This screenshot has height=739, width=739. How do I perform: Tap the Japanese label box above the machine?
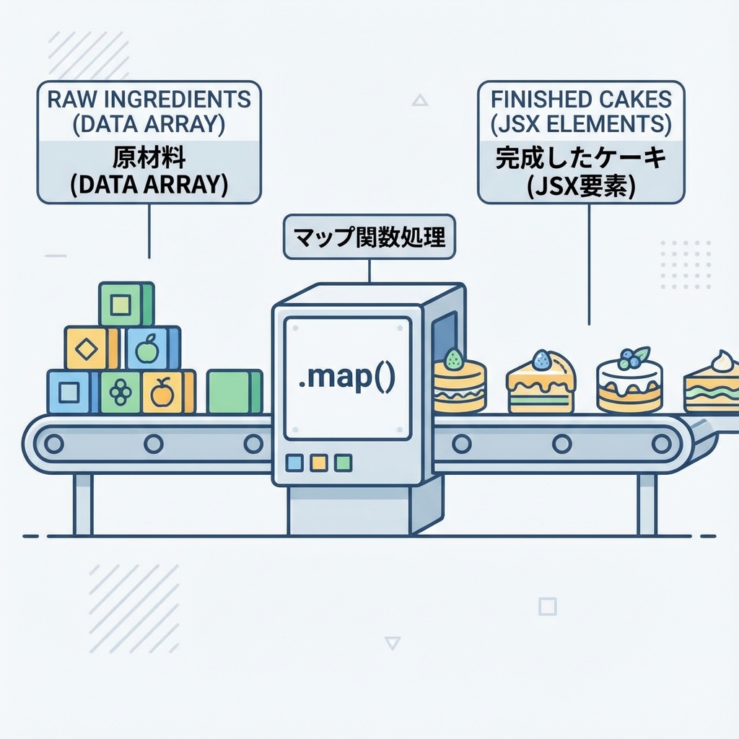369,237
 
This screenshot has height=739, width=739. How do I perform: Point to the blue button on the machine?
294,463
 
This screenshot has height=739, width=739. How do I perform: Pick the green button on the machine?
344,463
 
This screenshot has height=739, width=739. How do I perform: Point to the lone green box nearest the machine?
233,392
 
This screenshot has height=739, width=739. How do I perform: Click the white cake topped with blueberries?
629,382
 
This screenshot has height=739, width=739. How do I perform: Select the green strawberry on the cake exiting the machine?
453,358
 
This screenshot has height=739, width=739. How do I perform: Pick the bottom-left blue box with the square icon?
70,392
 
